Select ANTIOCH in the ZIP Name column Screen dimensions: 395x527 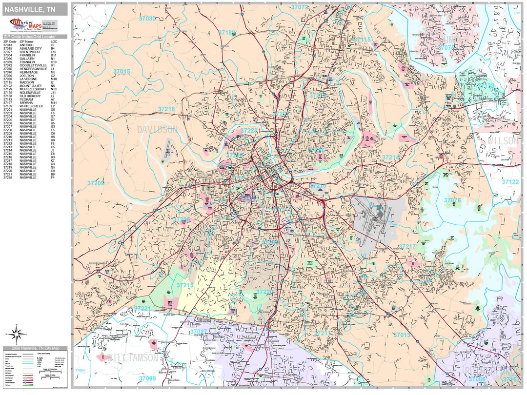(26, 45)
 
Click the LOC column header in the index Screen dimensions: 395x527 (53, 42)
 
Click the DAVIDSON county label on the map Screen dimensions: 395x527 (157, 130)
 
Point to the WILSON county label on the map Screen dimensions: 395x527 (503, 141)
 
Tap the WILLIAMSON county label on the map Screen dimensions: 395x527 (133, 358)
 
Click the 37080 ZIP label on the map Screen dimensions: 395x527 (147, 19)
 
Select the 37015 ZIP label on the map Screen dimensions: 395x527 (122, 72)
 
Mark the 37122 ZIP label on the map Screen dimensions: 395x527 (510, 182)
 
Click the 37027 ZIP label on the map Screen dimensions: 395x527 (199, 332)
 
